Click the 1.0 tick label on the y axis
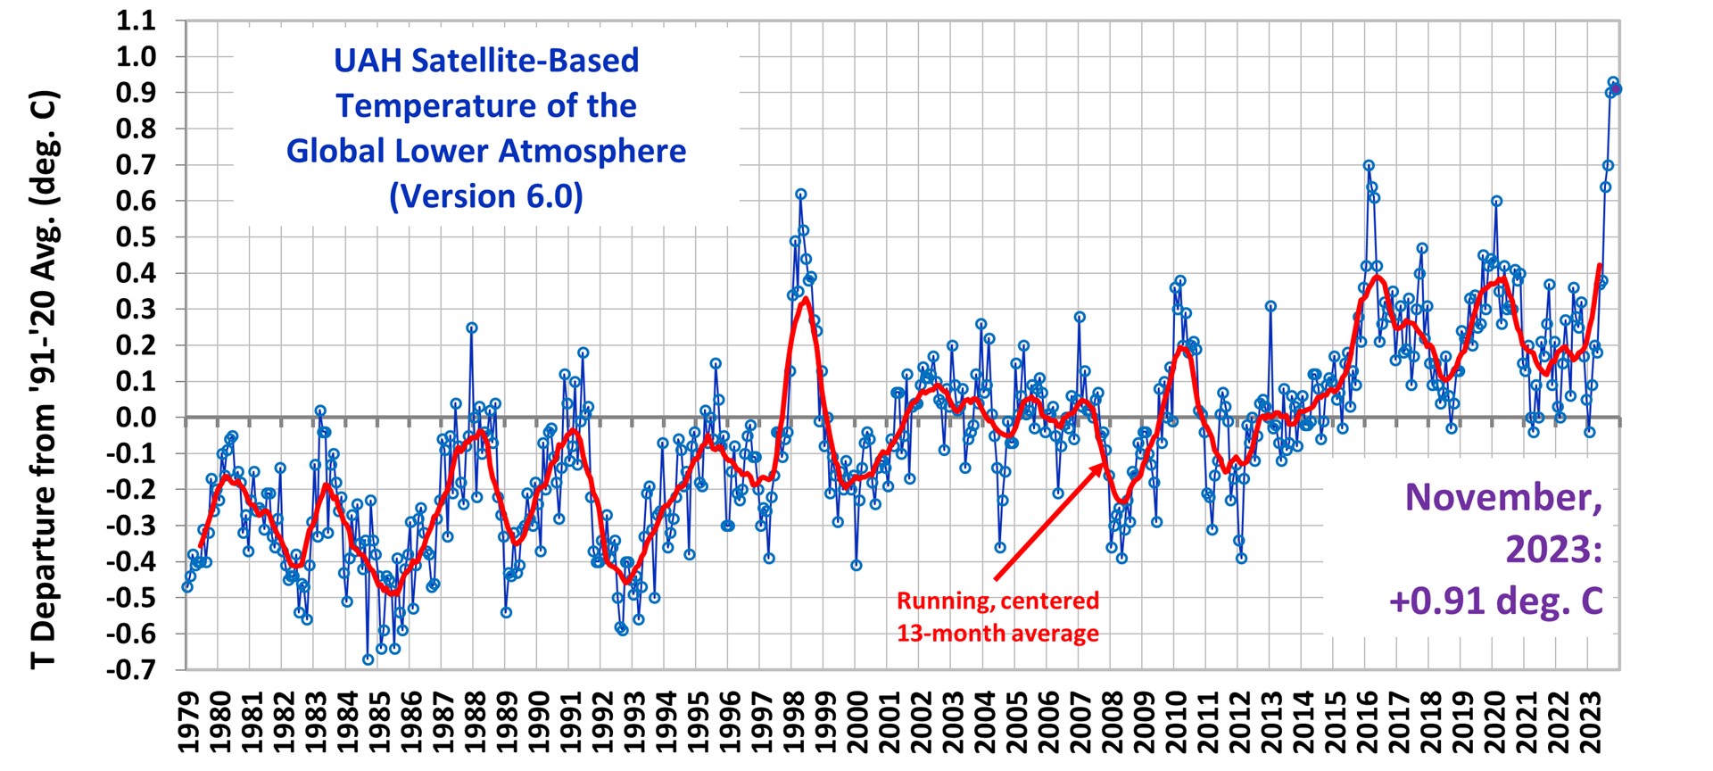click(x=137, y=56)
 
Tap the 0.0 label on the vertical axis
click(x=137, y=418)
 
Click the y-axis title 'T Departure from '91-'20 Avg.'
click(x=43, y=379)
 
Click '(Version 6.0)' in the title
click(x=486, y=195)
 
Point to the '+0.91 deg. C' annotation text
click(x=1495, y=601)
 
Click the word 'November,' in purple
click(x=1503, y=497)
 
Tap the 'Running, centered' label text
click(x=997, y=601)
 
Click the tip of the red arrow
click(x=1103, y=464)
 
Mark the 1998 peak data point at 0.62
click(x=801, y=194)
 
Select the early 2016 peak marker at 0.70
click(x=1369, y=165)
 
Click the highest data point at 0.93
click(x=1613, y=82)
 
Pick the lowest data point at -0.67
click(x=368, y=659)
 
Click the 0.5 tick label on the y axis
click(x=137, y=237)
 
